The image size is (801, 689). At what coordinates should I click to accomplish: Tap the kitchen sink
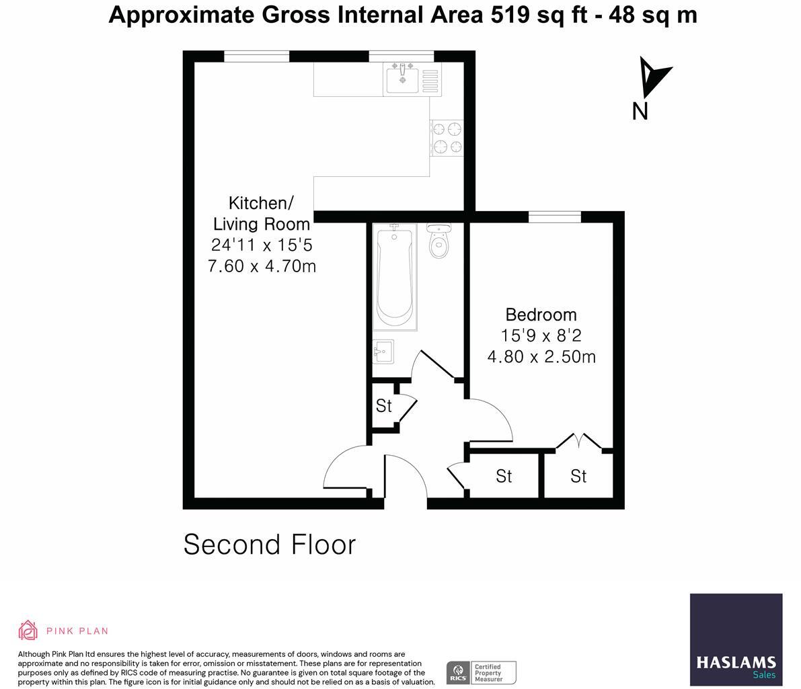(403, 79)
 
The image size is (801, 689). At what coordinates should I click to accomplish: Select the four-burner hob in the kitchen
(447, 137)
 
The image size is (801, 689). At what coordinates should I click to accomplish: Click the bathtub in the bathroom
(395, 276)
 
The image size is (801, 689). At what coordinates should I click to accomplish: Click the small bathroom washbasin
(382, 351)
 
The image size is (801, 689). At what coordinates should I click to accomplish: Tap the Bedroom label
(541, 315)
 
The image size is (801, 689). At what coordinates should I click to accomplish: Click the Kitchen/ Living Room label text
(261, 213)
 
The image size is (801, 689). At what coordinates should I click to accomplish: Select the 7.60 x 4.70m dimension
(262, 266)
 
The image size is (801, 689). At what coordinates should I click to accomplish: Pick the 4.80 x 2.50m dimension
(541, 356)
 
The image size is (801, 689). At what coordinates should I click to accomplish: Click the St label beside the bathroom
(383, 406)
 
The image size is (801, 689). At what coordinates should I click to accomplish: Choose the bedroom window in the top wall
(554, 216)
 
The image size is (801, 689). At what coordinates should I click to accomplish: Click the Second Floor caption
(269, 544)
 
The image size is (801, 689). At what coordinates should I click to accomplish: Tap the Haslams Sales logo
(736, 639)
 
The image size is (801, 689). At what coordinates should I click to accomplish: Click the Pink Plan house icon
(28, 631)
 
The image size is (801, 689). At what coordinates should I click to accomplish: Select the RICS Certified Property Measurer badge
(481, 672)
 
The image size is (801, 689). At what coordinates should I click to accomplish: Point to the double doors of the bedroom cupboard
(578, 441)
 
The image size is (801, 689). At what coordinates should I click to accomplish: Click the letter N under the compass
(640, 111)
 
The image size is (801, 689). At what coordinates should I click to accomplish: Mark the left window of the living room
(256, 56)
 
